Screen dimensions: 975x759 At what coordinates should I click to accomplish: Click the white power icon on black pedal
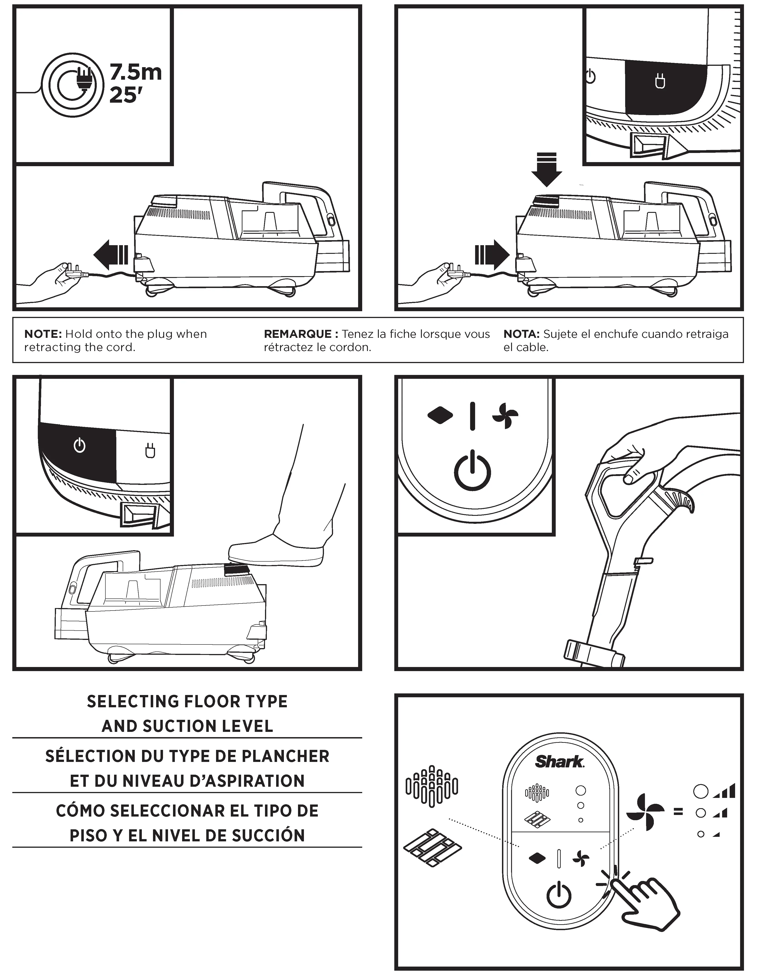click(x=79, y=445)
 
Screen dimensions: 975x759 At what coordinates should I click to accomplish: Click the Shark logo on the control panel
click(x=559, y=761)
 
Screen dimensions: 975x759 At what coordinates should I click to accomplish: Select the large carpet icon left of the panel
click(x=431, y=786)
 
